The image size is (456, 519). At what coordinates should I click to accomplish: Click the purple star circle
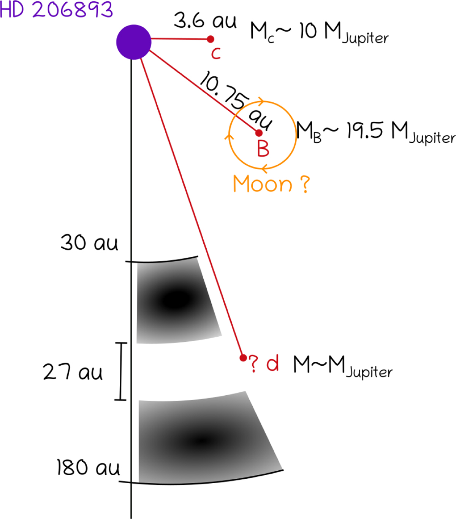click(134, 42)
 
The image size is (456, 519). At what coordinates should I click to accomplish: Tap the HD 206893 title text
click(56, 10)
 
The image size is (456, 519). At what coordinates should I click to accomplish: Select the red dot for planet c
click(211, 39)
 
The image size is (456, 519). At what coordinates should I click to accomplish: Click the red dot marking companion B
click(259, 133)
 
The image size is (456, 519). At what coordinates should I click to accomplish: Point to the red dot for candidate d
click(243, 358)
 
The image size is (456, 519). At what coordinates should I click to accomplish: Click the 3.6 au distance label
click(205, 21)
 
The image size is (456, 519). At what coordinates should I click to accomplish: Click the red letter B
click(263, 148)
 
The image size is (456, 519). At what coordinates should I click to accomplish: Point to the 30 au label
click(89, 242)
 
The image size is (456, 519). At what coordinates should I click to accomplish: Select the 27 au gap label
click(73, 371)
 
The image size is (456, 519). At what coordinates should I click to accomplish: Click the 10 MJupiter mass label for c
click(319, 33)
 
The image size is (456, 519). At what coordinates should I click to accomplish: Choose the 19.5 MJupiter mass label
click(376, 132)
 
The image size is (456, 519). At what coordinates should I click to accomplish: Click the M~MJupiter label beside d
click(343, 366)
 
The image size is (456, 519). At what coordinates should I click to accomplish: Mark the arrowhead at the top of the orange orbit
click(261, 102)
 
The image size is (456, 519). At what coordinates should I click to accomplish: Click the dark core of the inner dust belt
click(176, 299)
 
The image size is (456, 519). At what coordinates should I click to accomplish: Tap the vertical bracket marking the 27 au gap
click(121, 371)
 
